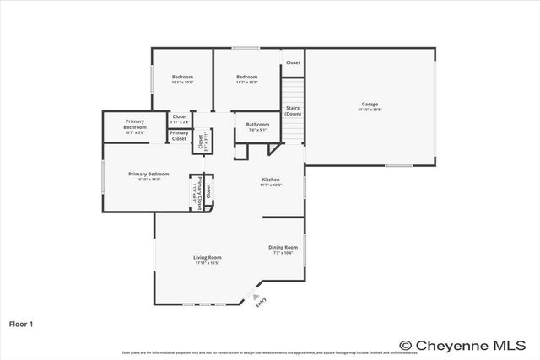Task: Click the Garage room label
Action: [x=370, y=104]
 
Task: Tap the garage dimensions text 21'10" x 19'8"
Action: [x=370, y=110]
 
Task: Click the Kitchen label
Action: [x=271, y=180]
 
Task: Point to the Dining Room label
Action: [x=283, y=247]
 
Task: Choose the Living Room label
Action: [x=207, y=257]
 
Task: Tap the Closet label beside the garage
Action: [x=292, y=62]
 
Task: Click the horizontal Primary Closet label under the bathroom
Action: [x=179, y=135]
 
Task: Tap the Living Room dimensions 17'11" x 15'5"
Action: [x=207, y=263]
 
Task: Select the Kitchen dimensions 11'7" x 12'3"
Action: [x=271, y=185]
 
